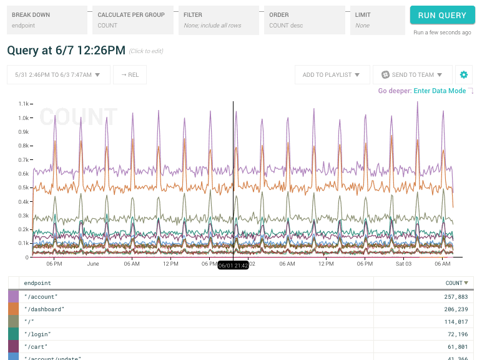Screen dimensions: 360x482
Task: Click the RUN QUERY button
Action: click(x=442, y=16)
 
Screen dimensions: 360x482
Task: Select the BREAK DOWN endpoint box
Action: click(x=47, y=20)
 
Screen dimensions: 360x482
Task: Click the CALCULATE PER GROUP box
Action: click(x=133, y=20)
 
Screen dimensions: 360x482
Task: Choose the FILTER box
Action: click(x=219, y=20)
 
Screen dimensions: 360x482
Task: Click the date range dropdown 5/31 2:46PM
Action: click(x=59, y=75)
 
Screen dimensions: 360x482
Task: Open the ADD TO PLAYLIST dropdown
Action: click(x=331, y=75)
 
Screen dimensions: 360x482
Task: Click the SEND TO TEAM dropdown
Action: click(x=412, y=75)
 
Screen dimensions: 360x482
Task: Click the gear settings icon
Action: click(x=463, y=75)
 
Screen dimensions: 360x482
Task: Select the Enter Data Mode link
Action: click(x=440, y=91)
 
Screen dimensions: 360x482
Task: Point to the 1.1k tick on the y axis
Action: click(x=24, y=104)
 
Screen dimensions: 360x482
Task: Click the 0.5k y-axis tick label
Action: click(x=24, y=187)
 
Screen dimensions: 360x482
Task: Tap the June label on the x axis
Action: click(x=93, y=264)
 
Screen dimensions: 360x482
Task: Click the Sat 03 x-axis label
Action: click(x=403, y=264)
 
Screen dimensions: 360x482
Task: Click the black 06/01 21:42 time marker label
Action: click(x=233, y=266)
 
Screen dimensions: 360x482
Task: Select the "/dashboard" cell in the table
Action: click(x=44, y=309)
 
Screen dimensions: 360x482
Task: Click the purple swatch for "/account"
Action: click(x=13, y=297)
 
